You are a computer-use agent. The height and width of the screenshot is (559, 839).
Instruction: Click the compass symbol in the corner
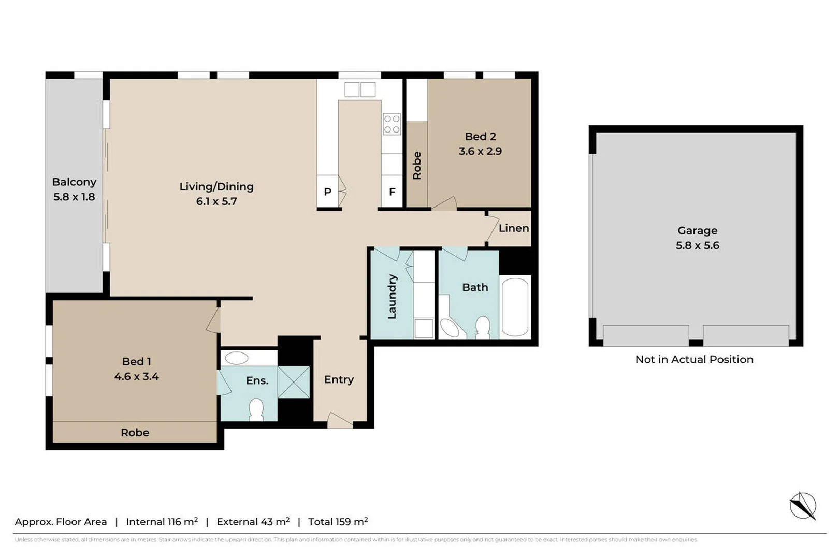pos(802,505)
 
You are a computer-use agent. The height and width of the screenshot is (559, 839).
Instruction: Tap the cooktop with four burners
pos(392,124)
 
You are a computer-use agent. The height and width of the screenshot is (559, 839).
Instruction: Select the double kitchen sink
pos(360,90)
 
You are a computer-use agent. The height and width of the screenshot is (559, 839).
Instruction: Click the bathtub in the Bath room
pos(515,307)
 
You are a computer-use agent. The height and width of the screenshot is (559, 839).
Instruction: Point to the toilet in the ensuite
pos(256,409)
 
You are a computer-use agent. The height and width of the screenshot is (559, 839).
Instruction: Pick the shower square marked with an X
pos(294,382)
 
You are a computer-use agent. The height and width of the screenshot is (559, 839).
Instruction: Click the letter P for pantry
pos(327,192)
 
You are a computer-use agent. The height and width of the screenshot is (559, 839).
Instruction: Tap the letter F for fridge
pos(392,192)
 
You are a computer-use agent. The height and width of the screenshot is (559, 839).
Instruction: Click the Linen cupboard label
pos(513,228)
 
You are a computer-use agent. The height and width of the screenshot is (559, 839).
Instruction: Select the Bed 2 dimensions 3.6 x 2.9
pos(480,151)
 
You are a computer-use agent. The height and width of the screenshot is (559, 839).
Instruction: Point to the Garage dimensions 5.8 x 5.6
pos(697,245)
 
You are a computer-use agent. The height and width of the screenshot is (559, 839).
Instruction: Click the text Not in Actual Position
pos(694,359)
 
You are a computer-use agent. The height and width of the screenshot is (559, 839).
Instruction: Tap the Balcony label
pos(74,182)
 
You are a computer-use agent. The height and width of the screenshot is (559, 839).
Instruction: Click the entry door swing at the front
pos(339,420)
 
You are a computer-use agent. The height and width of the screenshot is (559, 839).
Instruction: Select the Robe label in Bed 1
pos(135,433)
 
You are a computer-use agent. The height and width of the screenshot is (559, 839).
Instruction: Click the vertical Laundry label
pos(392,297)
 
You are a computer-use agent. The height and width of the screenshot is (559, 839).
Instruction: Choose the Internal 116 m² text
pos(162,522)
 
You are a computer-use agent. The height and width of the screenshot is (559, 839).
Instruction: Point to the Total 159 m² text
pos(338,522)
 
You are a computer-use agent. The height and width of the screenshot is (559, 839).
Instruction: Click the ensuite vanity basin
pos(237,358)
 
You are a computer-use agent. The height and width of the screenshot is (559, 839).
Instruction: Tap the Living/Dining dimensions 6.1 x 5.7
pos(216,201)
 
